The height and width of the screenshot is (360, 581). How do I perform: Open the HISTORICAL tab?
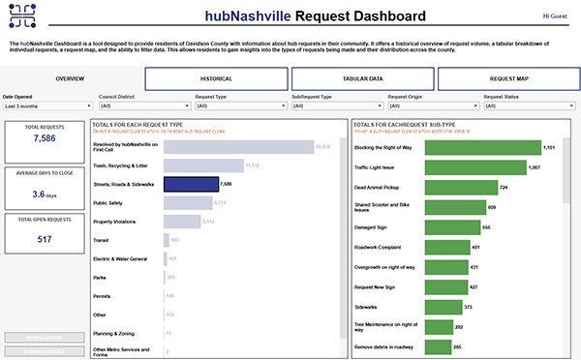[215, 77]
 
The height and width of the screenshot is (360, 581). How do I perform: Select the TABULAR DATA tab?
[360, 77]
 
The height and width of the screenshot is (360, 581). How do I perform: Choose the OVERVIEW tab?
[70, 77]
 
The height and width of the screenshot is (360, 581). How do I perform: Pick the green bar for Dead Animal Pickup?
[423, 187]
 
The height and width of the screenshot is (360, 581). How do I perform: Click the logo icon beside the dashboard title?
[20, 16]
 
